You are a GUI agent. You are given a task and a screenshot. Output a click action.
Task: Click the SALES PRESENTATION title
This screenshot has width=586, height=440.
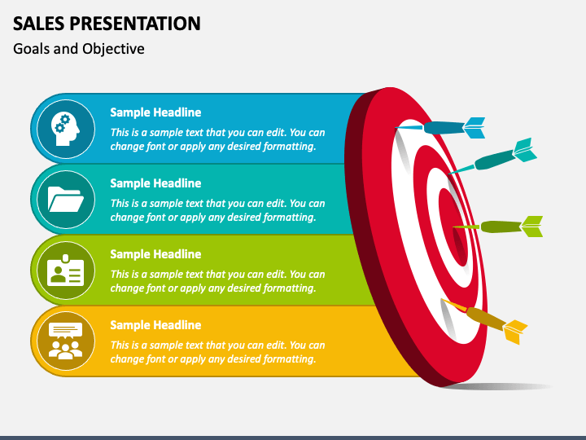tap(107, 24)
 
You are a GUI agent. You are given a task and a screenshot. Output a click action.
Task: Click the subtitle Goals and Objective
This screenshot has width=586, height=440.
tap(78, 49)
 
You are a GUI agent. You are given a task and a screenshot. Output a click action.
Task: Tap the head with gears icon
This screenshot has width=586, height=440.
tap(66, 129)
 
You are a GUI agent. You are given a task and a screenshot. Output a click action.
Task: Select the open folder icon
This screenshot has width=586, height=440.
tap(66, 200)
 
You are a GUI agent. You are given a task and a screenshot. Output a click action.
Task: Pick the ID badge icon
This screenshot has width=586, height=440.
tap(66, 271)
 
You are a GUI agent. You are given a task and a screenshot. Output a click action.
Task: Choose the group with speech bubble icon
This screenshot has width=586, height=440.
tap(66, 341)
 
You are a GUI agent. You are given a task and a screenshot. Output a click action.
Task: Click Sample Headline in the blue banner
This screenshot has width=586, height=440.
tap(155, 112)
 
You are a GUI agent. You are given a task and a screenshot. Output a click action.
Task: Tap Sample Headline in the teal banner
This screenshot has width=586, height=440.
tap(155, 183)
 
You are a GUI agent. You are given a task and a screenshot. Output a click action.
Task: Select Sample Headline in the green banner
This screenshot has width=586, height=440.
tap(155, 254)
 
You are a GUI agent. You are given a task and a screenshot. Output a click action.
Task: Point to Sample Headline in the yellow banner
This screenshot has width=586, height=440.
tap(155, 325)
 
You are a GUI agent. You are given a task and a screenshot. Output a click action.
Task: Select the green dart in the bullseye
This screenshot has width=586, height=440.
tap(498, 227)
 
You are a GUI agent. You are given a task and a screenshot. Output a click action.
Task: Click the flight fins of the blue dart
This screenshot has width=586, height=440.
tap(474, 128)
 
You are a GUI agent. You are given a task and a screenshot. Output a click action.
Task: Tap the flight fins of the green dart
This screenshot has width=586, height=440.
tap(531, 227)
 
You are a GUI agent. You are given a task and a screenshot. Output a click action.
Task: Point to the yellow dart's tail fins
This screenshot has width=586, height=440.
tap(515, 332)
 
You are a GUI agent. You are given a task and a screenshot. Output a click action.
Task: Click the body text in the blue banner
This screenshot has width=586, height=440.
tap(217, 139)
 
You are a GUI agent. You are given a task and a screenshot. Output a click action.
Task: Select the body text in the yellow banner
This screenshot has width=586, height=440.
tap(217, 352)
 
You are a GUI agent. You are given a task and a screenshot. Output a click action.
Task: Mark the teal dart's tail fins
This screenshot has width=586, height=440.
tap(525, 150)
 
